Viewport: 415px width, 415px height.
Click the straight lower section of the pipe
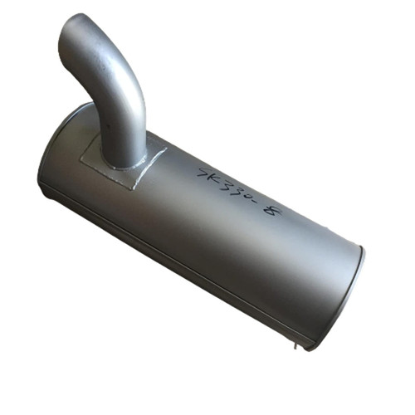[x=129, y=124]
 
